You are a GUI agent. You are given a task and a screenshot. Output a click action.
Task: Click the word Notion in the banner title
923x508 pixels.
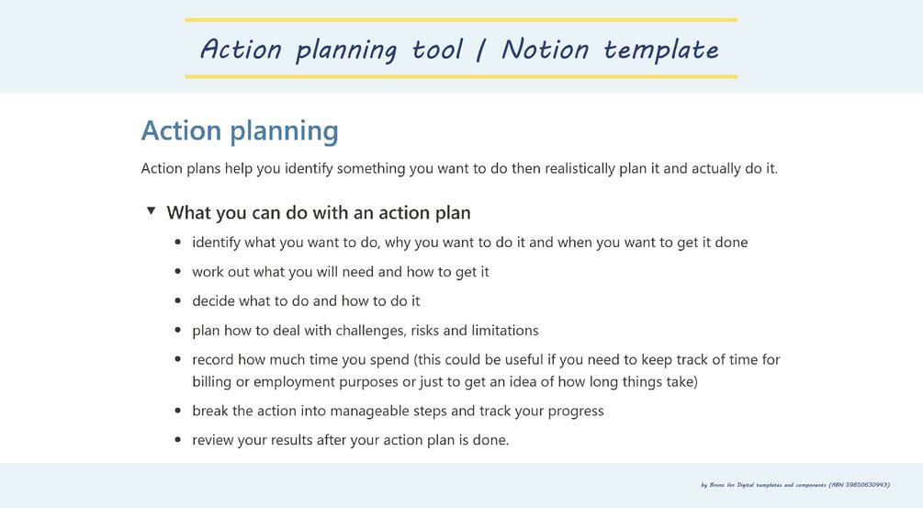coord(546,49)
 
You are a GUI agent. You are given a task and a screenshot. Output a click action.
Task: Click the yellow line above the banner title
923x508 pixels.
coord(460,19)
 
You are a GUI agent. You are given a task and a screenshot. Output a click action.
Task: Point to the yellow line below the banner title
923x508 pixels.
coord(460,76)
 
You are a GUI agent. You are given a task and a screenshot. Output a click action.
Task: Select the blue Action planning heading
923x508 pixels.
coord(240,130)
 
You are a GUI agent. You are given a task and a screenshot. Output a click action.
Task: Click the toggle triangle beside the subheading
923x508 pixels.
coord(151,211)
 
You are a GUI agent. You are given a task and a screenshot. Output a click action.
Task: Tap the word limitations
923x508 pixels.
coord(503,330)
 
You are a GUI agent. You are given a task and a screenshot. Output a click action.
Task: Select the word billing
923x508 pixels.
coord(212,381)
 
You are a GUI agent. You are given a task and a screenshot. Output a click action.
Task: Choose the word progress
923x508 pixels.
coord(576,411)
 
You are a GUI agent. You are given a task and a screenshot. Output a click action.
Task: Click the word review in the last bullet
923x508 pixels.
coord(212,440)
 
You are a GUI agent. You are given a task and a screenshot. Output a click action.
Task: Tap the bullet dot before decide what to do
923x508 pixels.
coord(177,301)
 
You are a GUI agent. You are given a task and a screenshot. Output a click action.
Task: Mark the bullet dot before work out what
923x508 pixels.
coord(177,272)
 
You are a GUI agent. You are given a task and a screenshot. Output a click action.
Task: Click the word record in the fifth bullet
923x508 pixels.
coord(213,359)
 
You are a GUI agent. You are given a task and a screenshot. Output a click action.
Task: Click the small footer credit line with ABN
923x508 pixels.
coord(794,484)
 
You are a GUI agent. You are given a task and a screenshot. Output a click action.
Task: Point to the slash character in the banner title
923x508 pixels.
coord(481,50)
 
